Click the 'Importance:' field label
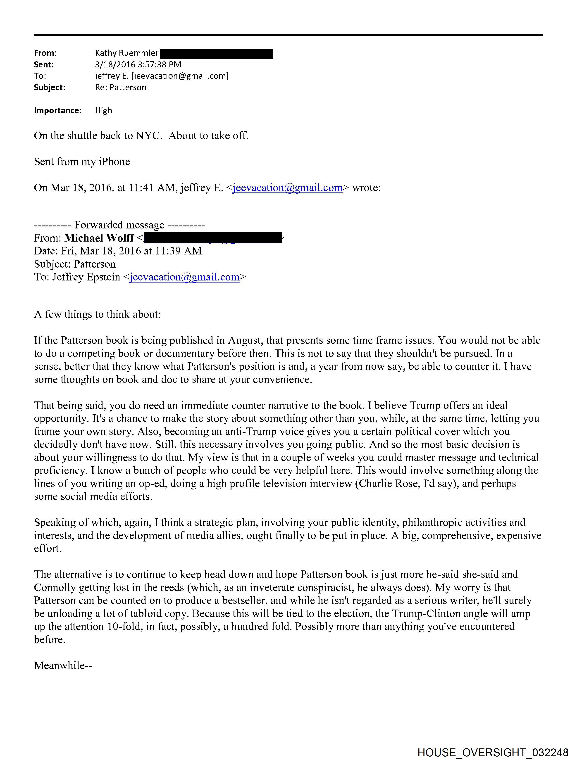click(x=57, y=111)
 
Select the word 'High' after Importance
click(x=103, y=111)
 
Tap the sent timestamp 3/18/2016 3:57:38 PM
click(x=138, y=65)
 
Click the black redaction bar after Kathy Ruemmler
click(x=217, y=54)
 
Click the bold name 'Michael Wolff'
click(x=99, y=238)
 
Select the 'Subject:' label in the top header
click(x=49, y=88)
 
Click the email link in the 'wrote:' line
click(x=287, y=188)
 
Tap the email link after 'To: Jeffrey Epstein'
click(x=184, y=277)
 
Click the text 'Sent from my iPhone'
click(x=82, y=161)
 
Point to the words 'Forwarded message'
click(x=119, y=225)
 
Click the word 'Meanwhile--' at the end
click(x=63, y=665)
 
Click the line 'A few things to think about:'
click(x=98, y=314)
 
